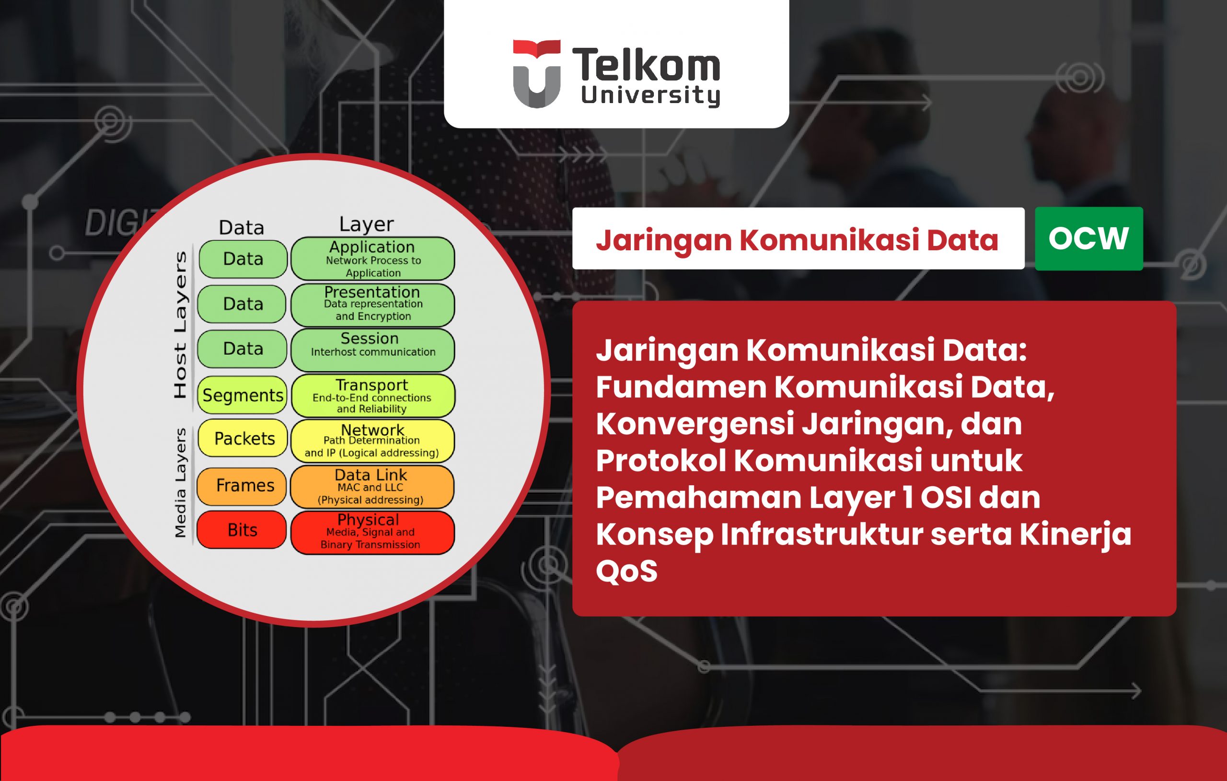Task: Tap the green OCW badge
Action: (x=1089, y=239)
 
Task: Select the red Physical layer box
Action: (x=372, y=532)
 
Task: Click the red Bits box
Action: (x=242, y=530)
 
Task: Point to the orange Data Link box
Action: (x=372, y=487)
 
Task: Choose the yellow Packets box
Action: (x=243, y=438)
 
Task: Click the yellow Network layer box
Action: (x=372, y=441)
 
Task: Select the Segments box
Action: (x=243, y=396)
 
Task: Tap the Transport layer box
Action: (x=372, y=396)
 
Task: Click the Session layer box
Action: (x=372, y=350)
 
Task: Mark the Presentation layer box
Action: (x=372, y=305)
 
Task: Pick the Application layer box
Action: (x=372, y=259)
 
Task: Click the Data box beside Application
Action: (x=243, y=259)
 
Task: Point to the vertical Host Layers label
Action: (x=180, y=325)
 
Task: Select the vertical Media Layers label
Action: (x=180, y=483)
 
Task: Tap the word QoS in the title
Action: (x=627, y=571)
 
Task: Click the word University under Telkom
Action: (x=651, y=96)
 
